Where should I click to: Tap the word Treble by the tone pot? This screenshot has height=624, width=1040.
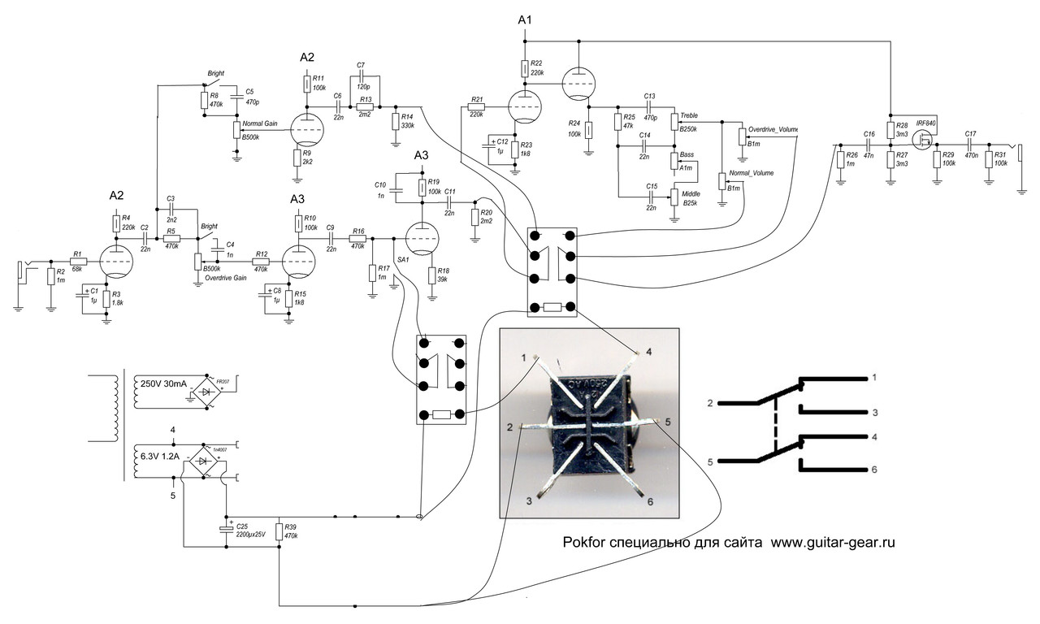tap(690, 115)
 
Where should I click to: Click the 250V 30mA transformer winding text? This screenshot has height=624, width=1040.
tap(163, 383)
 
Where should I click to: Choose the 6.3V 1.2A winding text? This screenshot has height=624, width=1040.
tap(161, 457)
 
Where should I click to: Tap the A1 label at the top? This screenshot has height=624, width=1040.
tap(526, 19)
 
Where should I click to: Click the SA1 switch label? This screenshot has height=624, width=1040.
tap(402, 258)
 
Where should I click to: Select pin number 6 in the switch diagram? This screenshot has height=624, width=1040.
tap(874, 470)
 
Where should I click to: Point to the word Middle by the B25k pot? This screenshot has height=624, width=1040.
tap(691, 194)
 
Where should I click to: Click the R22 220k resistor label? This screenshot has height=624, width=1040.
tap(536, 67)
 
